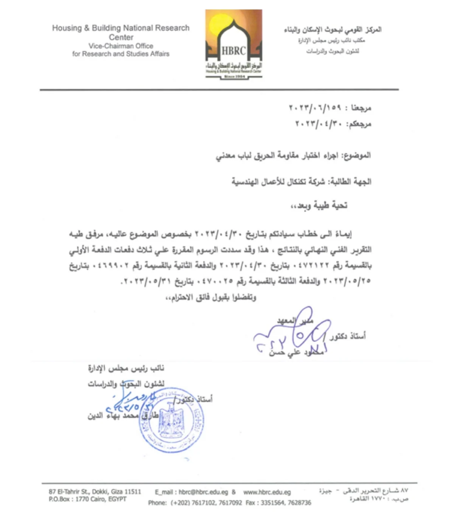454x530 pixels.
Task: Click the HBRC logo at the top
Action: [233, 44]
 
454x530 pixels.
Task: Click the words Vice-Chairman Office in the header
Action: [121, 46]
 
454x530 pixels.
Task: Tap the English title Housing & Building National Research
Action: [121, 28]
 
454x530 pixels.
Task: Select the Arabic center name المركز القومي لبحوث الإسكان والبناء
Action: [333, 30]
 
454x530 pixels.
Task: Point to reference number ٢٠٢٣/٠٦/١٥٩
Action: [315, 108]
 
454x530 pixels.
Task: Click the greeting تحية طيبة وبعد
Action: [319, 206]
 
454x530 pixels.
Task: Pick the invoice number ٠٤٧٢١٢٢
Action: [311, 265]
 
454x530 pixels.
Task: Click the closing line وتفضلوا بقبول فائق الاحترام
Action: [211, 298]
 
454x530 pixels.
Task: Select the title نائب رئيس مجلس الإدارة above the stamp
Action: [126, 368]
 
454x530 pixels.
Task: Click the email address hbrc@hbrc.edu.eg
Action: [203, 492]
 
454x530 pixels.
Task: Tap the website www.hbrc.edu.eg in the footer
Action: [267, 492]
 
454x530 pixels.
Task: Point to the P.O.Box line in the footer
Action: [87, 499]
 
